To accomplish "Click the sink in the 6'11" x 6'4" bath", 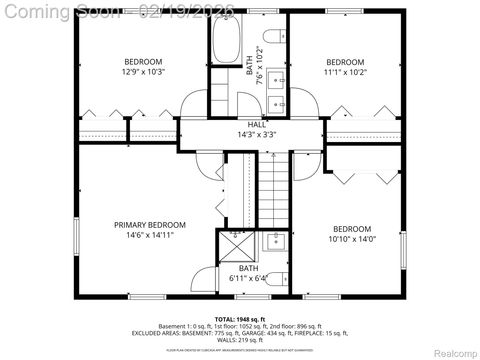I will click(276, 241).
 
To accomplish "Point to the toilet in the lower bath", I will click(279, 279).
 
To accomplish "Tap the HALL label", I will click(243, 123).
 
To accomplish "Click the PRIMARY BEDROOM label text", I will click(149, 225).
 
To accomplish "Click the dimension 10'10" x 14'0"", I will click(351, 239).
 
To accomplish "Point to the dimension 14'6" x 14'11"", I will click(149, 237).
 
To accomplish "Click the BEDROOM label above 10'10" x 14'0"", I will click(351, 228).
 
